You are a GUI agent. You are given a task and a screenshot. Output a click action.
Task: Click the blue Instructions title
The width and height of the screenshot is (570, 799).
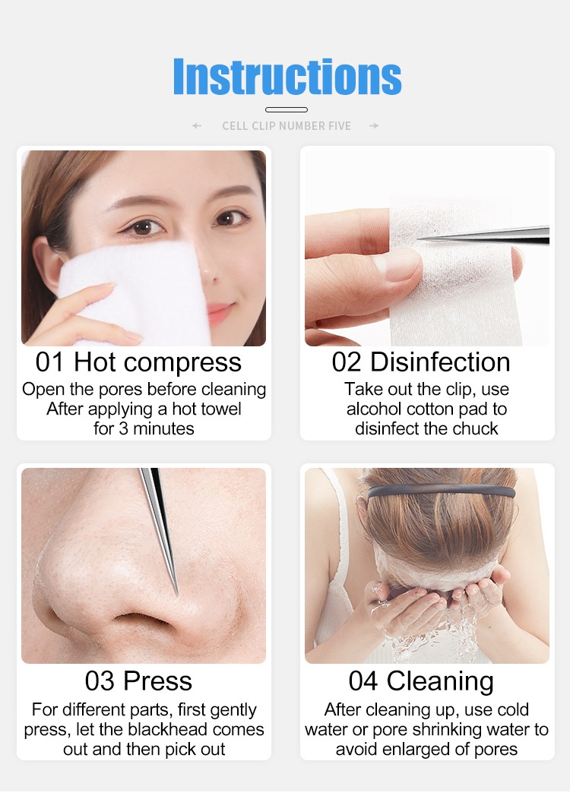pos(287,77)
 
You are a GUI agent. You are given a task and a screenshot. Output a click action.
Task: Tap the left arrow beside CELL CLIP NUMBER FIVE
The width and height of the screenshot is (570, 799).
pos(197,126)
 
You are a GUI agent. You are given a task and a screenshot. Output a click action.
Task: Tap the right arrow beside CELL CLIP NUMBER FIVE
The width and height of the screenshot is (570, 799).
pos(374,126)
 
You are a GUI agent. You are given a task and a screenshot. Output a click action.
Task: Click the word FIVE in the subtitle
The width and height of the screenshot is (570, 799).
pos(340,126)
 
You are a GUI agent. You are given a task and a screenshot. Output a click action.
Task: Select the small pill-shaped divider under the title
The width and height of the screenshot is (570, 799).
pos(287,109)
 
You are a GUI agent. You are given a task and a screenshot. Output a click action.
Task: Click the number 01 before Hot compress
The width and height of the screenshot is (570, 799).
pos(49,362)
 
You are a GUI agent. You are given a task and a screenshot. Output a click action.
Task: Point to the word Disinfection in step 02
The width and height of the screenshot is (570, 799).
pos(440,362)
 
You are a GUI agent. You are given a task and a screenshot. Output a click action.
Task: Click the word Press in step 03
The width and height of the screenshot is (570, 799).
pos(157,681)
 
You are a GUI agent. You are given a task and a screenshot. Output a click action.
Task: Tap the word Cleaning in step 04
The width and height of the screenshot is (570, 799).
pos(440,682)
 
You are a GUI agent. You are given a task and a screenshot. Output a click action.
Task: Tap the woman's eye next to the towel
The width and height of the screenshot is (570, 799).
pos(144,227)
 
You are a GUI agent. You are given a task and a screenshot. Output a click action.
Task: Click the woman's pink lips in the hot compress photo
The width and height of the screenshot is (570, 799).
pos(220,312)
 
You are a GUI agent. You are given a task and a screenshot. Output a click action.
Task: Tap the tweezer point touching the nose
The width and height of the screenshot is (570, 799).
pos(176,593)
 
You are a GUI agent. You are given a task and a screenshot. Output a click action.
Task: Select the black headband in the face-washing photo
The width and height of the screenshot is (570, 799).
pos(442,491)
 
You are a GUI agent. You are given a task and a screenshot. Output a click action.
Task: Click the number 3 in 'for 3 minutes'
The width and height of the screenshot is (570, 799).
pos(123,429)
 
